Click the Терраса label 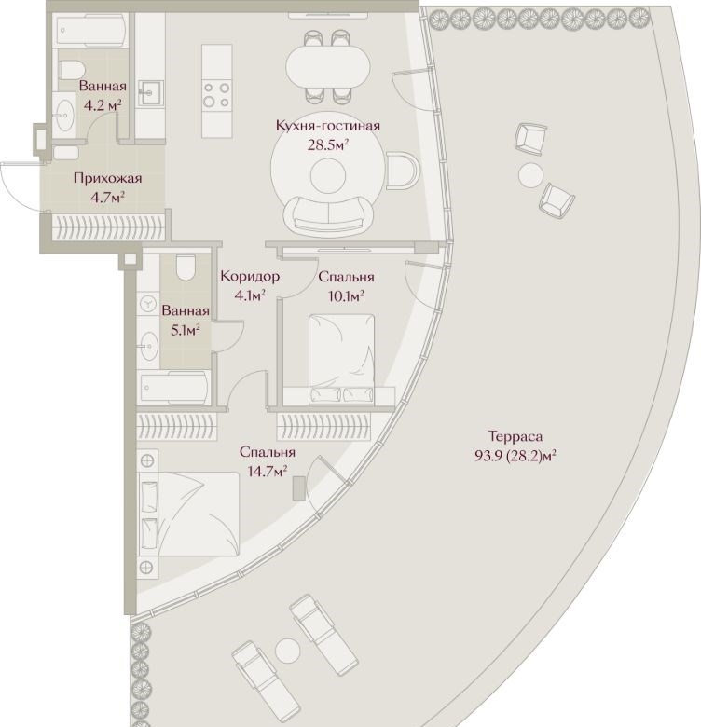(x=515, y=436)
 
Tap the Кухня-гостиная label (x=328, y=126)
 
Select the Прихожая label (x=107, y=179)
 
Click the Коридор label (x=250, y=276)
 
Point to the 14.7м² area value (x=267, y=471)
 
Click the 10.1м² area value (x=346, y=295)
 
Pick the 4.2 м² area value (x=103, y=105)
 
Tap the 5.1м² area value (x=186, y=330)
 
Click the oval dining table (x=328, y=65)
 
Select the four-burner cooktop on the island (x=217, y=94)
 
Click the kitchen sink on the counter (x=150, y=93)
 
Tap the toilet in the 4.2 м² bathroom (x=71, y=69)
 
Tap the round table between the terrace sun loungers (x=287, y=650)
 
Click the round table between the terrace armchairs (x=530, y=175)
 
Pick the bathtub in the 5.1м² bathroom (x=175, y=387)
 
